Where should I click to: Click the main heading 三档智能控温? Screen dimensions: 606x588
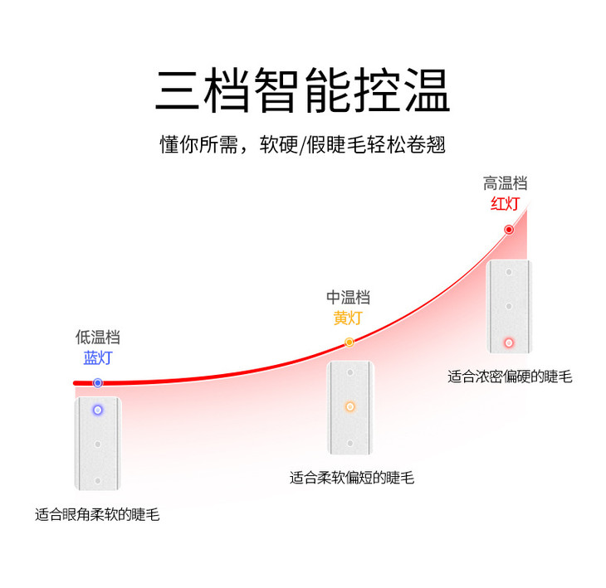pyautogui.click(x=302, y=90)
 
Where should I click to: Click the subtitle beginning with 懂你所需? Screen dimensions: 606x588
pyautogui.click(x=302, y=144)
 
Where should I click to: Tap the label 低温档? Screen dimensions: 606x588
pyautogui.click(x=98, y=337)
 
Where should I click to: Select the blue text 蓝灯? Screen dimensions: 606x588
pyautogui.click(x=98, y=358)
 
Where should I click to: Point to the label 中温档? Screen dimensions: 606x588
pyautogui.click(x=349, y=297)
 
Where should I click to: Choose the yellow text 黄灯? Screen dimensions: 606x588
pyautogui.click(x=349, y=318)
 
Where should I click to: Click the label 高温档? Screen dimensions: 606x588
pyautogui.click(x=506, y=183)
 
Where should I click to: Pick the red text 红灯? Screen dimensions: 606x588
pyautogui.click(x=506, y=204)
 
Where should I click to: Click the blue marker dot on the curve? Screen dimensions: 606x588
pyautogui.click(x=98, y=382)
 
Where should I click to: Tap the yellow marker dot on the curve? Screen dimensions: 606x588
pyautogui.click(x=349, y=342)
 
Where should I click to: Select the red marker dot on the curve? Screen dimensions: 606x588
pyautogui.click(x=509, y=229)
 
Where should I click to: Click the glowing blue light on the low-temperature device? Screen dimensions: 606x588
pyautogui.click(x=98, y=410)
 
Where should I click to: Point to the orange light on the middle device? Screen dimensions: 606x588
pyautogui.click(x=349, y=406)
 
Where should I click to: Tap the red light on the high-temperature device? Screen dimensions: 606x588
pyautogui.click(x=509, y=343)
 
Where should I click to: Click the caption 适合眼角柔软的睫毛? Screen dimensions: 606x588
pyautogui.click(x=97, y=515)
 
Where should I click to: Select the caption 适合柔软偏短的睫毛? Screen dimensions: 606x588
pyautogui.click(x=351, y=478)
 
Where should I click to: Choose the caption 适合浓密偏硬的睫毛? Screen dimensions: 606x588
pyautogui.click(x=510, y=377)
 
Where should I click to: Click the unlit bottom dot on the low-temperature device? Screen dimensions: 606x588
pyautogui.click(x=98, y=480)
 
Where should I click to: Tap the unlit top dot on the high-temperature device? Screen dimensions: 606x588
pyautogui.click(x=509, y=271)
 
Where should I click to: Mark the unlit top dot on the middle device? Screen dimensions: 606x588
pyautogui.click(x=349, y=372)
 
